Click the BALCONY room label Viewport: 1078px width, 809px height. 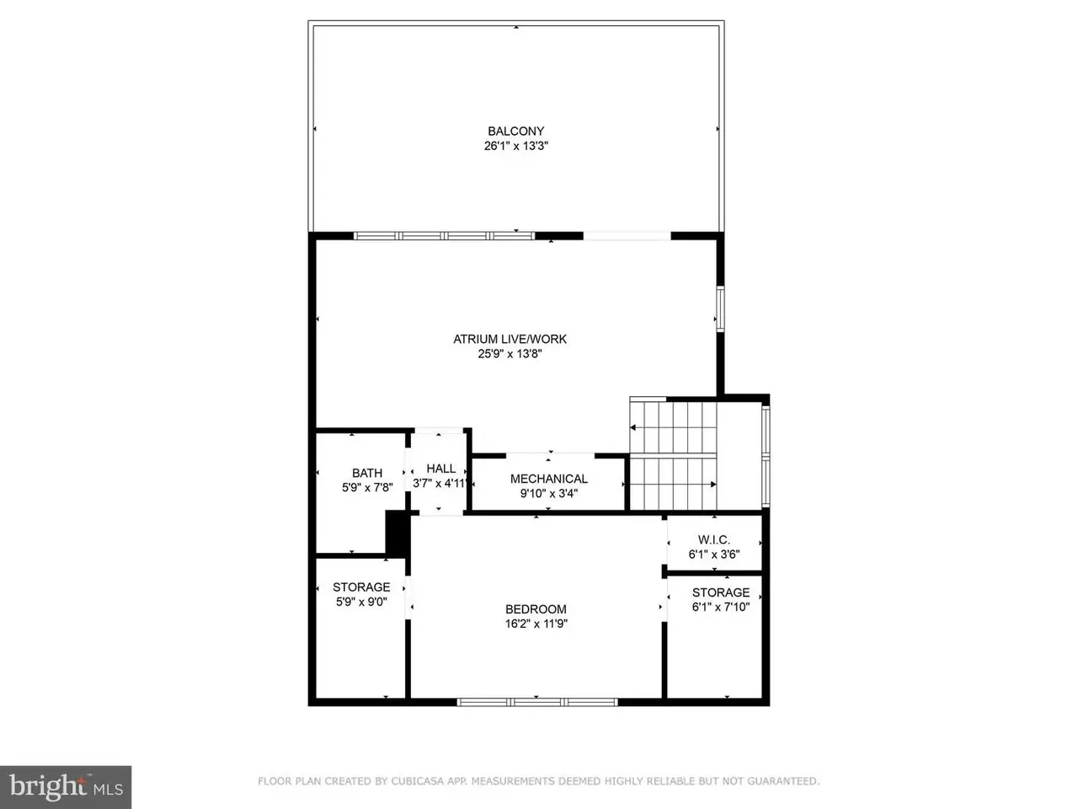pos(515,131)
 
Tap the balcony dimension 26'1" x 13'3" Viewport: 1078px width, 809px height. pos(515,146)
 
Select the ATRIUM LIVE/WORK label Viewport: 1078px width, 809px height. pos(510,339)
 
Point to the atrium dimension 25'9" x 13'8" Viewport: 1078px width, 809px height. pos(510,354)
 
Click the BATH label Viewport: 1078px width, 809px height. pos(367,473)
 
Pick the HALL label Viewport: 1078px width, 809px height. pos(440,469)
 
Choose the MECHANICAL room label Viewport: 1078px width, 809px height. pos(548,479)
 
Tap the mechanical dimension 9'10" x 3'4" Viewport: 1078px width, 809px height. pos(548,493)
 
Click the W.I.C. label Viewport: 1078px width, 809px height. pos(713,540)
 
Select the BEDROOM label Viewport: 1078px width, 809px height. pos(536,609)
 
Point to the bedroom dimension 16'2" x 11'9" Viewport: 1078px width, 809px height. pos(536,624)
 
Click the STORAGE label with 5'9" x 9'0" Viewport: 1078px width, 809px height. pos(361,587)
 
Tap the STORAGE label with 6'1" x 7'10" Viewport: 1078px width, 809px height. pos(720,592)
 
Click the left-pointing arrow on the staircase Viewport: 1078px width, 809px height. pos(673,427)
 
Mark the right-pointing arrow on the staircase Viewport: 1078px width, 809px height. pos(673,485)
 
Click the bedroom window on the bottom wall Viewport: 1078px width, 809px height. pos(536,703)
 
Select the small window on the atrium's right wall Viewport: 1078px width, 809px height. pos(720,309)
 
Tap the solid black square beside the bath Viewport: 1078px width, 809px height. pos(398,533)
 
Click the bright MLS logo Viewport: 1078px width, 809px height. pos(66,787)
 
